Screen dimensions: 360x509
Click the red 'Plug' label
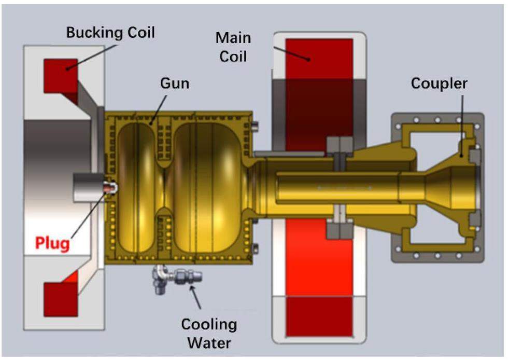click(52, 243)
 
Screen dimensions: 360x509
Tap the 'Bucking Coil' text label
click(110, 33)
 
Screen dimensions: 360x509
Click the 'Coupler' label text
click(439, 83)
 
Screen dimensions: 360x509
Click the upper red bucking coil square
click(58, 73)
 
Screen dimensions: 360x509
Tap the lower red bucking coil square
click(58, 299)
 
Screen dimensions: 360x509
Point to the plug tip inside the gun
click(110, 186)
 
